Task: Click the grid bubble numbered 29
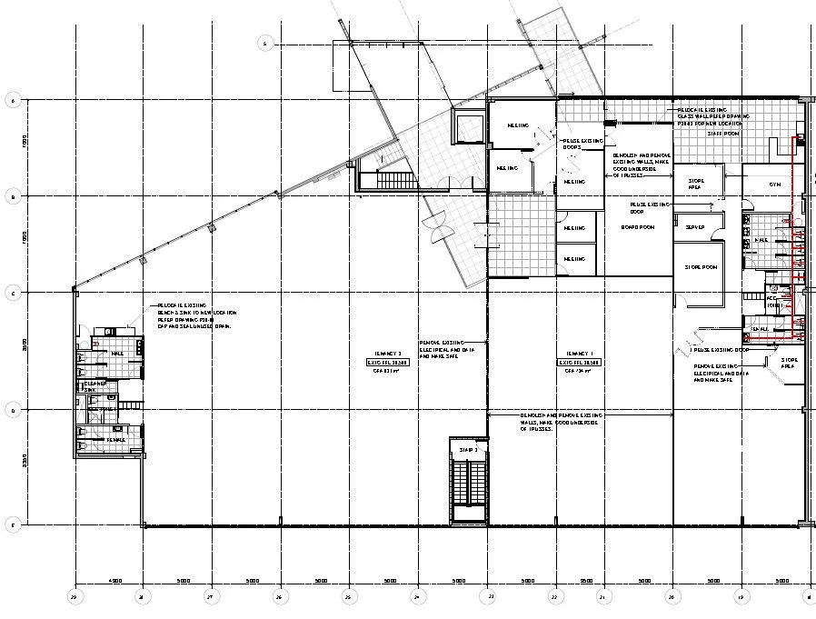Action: tap(74, 597)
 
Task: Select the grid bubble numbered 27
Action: tap(211, 597)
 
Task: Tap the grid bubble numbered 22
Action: tap(554, 597)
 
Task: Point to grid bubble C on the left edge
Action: tap(13, 293)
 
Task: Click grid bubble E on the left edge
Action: tap(13, 525)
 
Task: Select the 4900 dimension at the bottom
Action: tap(114, 579)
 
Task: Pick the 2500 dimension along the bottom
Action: tap(586, 579)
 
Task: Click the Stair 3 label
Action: tap(468, 449)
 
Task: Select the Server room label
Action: tap(696, 226)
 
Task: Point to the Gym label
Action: tap(775, 184)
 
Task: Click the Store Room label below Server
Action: tap(701, 266)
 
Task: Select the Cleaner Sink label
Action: tap(95, 387)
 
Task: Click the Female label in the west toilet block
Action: tap(116, 440)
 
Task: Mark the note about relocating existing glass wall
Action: tap(712, 115)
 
